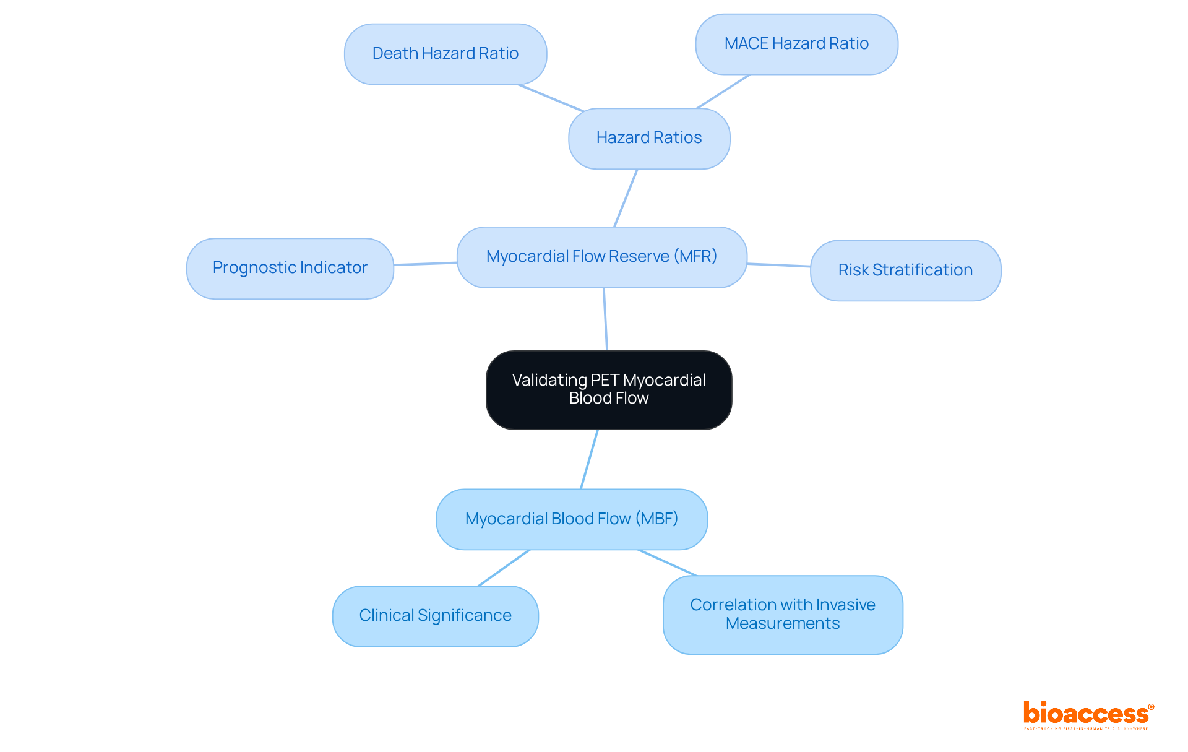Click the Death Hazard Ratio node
(445, 54)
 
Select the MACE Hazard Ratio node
(796, 44)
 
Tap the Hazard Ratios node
(649, 138)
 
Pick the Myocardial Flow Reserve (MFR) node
(601, 257)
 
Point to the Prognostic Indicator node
(290, 268)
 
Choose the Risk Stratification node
(905, 270)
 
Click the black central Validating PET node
(609, 389)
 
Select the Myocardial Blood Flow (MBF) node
(572, 519)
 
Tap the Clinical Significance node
(435, 616)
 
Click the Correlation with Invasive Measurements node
(783, 614)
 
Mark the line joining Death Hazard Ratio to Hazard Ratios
(551, 98)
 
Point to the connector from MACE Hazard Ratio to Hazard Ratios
(723, 92)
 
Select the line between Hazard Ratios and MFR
(626, 198)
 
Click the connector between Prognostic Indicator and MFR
(425, 264)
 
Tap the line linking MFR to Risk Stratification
(778, 265)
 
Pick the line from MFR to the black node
(605, 319)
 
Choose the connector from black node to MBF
(589, 459)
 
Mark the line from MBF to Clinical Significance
(504, 568)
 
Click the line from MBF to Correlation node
(668, 563)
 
